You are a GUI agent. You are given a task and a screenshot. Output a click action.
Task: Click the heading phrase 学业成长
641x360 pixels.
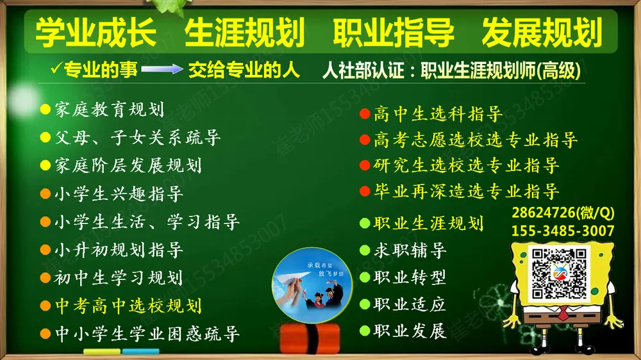(x=96, y=33)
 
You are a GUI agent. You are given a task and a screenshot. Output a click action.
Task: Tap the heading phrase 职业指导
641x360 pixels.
(x=394, y=33)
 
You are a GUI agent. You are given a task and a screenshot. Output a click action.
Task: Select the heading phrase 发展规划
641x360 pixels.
(x=542, y=33)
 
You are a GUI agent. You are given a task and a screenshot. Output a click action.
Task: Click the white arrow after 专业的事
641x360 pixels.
(x=162, y=69)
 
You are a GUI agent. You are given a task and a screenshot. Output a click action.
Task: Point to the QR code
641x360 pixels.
(x=559, y=274)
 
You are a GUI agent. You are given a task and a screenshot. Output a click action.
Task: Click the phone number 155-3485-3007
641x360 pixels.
(x=563, y=231)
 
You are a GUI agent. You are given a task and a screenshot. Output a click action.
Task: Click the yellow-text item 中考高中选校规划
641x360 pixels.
(x=128, y=306)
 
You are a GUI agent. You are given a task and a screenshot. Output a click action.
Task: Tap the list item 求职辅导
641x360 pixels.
(x=410, y=250)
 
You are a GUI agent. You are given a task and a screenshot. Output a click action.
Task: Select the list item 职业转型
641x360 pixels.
(x=410, y=277)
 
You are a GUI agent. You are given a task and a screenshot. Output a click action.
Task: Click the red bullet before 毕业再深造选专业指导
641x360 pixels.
(x=365, y=191)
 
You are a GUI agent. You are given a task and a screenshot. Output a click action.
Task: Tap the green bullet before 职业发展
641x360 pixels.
(x=365, y=331)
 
